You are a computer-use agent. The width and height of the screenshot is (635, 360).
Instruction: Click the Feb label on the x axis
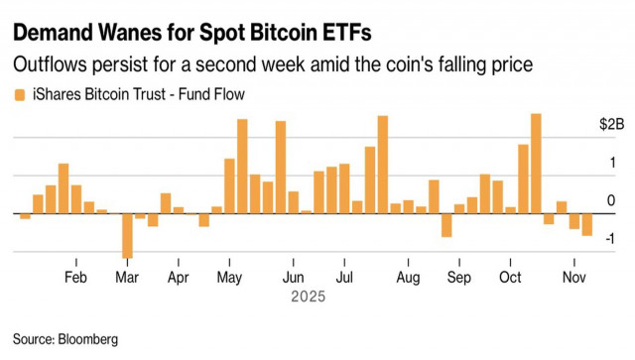[x=75, y=277]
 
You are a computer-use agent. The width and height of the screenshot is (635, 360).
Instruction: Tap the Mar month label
[x=127, y=277]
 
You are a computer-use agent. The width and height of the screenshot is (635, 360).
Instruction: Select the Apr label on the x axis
[x=178, y=277]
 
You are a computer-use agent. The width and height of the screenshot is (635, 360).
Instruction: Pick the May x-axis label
[x=229, y=277]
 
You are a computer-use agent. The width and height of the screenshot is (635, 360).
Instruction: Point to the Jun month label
[x=293, y=277]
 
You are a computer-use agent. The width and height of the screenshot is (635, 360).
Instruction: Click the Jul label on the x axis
[x=343, y=277]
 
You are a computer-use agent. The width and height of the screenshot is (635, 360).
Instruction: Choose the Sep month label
[x=458, y=277]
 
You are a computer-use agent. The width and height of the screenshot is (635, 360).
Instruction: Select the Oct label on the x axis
[x=510, y=277]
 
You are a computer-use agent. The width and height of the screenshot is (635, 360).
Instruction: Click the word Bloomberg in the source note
[x=87, y=339]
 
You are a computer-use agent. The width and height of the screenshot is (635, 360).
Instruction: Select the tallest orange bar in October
[x=536, y=164]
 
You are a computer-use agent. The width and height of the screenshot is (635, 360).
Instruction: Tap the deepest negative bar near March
[x=127, y=235]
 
